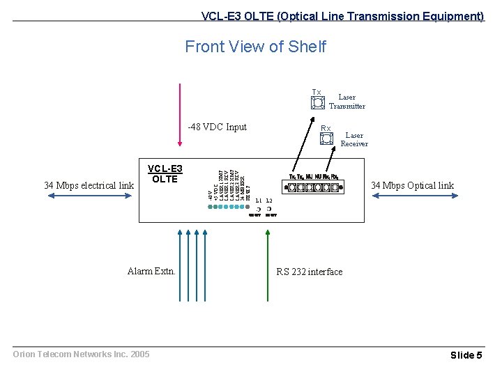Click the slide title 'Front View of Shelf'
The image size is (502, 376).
click(x=255, y=47)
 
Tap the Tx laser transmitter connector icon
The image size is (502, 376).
click(x=317, y=103)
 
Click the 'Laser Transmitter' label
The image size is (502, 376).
click(x=347, y=102)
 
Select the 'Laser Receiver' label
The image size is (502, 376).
click(x=354, y=139)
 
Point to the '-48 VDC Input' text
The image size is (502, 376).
click(x=218, y=127)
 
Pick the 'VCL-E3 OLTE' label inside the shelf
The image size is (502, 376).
click(x=165, y=174)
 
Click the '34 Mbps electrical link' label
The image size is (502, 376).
click(x=89, y=185)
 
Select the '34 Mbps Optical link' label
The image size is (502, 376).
click(x=412, y=185)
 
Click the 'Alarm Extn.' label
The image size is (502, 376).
click(x=151, y=272)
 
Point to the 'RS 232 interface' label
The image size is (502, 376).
click(x=310, y=272)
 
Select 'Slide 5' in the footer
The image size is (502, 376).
click(x=466, y=355)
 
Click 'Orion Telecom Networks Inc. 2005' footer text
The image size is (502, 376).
click(x=82, y=354)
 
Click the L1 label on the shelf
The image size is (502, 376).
click(x=259, y=201)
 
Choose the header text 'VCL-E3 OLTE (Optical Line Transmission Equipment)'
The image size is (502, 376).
click(x=342, y=15)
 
